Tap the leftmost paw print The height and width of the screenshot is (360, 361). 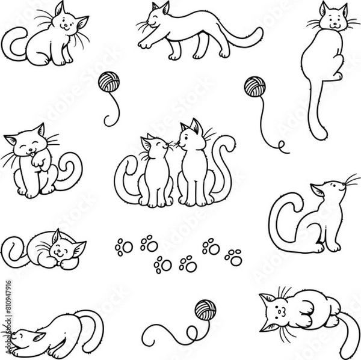[x=124, y=246]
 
